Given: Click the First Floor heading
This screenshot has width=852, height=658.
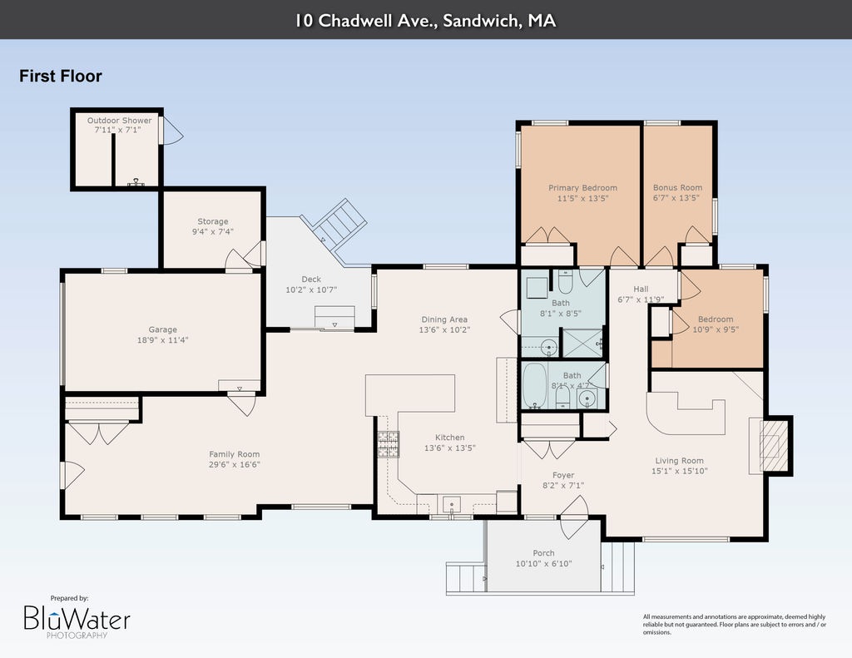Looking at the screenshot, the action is click(x=60, y=76).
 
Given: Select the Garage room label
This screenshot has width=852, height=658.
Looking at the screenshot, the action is click(x=162, y=329).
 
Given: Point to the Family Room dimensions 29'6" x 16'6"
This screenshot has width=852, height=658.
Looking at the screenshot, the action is click(x=235, y=464).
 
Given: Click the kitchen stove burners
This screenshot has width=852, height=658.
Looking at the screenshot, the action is click(x=389, y=444).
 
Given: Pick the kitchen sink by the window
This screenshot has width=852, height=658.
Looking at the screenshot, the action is click(x=451, y=504).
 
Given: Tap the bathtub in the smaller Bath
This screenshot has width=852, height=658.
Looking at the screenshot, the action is click(x=535, y=385).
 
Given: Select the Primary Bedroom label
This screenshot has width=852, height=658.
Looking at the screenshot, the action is click(x=582, y=188).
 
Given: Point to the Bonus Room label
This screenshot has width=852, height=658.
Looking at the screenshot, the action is click(x=677, y=187).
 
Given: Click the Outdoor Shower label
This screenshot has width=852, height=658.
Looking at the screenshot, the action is click(x=120, y=121).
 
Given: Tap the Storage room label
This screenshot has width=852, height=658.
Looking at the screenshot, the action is click(x=212, y=221).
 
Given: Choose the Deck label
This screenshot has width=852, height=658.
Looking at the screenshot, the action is click(x=311, y=280).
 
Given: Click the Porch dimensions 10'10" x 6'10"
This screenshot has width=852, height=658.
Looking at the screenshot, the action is click(x=543, y=563).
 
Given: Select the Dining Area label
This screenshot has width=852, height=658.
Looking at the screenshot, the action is click(x=444, y=319).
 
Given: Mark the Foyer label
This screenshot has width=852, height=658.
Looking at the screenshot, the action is click(x=563, y=475).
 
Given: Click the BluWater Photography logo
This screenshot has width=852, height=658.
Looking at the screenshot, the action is click(x=77, y=618).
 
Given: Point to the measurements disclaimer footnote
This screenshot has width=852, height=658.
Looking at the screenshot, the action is click(x=735, y=625).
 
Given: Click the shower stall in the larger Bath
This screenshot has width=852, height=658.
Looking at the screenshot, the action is click(x=582, y=343).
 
